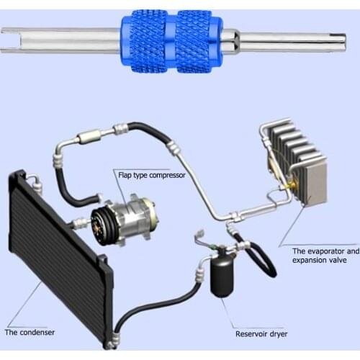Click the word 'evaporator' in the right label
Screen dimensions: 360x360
pyautogui.click(x=325, y=251)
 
